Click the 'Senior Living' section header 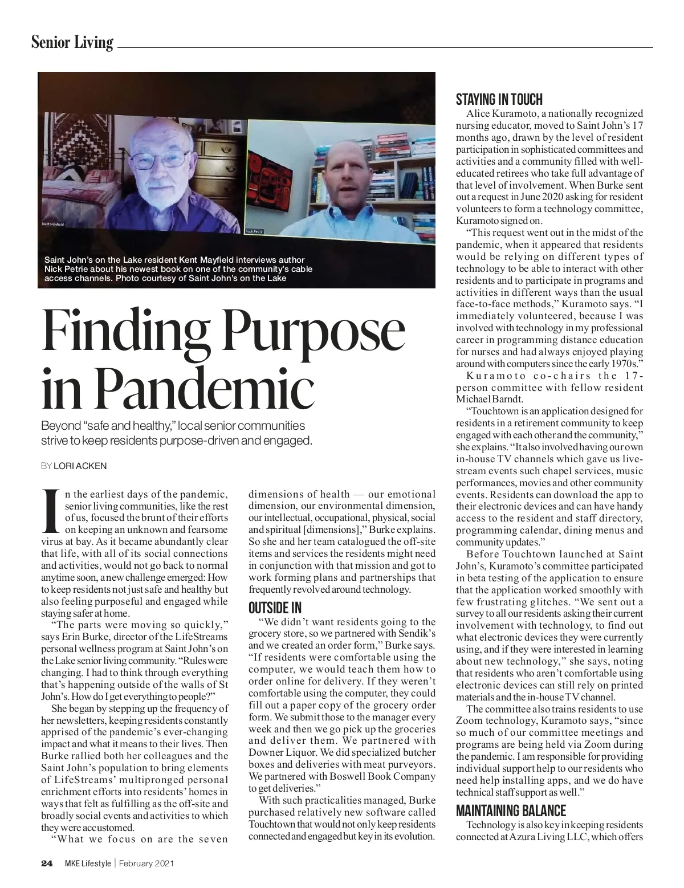click(x=72, y=42)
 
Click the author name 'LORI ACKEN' click(x=80, y=466)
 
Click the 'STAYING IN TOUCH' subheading click(x=499, y=100)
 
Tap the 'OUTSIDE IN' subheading click(x=275, y=608)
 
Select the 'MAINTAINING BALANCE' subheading click(x=511, y=810)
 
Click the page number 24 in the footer click(x=47, y=863)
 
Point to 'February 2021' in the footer click(x=146, y=863)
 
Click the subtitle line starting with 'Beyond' click(x=173, y=426)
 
